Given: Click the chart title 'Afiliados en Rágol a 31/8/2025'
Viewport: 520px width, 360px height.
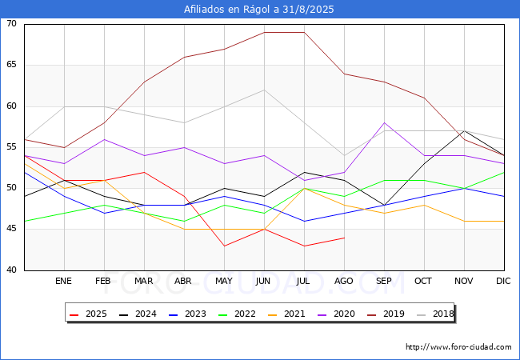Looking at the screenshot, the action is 258,10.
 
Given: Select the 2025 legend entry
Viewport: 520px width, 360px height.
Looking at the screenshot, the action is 88,314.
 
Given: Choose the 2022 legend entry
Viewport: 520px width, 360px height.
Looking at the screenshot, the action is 237,314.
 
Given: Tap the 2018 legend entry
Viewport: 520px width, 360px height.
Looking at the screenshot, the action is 435,314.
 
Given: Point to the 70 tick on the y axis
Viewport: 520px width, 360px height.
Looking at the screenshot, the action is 11,23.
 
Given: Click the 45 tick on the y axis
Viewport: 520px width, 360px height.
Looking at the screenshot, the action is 11,229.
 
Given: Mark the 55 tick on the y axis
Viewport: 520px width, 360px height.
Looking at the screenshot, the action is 11,147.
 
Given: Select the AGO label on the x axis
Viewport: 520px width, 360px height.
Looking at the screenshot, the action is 343,281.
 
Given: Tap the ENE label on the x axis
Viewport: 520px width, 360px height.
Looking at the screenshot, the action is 63,281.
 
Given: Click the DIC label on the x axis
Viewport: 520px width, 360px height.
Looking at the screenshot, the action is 503,281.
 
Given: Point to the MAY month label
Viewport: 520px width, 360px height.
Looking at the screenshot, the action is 224,281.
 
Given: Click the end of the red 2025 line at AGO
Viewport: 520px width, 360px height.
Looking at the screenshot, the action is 345,238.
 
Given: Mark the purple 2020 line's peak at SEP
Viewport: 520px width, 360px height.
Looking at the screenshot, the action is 384,122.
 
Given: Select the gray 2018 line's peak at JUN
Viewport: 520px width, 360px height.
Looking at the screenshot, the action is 264,90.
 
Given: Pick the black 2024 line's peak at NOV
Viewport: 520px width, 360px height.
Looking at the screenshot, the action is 464,130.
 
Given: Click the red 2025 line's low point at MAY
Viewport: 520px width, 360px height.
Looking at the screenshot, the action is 225,246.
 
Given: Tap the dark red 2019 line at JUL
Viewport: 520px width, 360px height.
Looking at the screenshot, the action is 305,32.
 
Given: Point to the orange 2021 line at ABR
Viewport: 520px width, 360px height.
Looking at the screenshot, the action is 184,229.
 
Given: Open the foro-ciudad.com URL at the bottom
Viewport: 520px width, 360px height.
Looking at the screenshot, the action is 458,347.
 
